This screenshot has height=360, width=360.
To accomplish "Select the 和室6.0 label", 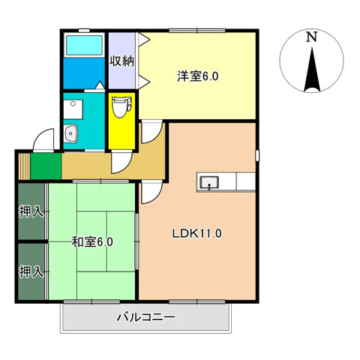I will [92, 241].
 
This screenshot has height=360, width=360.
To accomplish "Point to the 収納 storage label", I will [121, 61].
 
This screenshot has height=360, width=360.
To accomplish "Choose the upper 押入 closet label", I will [31, 212].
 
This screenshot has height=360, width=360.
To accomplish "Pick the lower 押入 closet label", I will [31, 271].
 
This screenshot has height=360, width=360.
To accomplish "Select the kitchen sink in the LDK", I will [208, 181].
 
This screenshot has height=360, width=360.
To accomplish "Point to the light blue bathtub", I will [85, 46].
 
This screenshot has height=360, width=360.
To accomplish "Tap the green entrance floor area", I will [46, 165].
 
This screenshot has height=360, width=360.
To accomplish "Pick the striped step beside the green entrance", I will [23, 165].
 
